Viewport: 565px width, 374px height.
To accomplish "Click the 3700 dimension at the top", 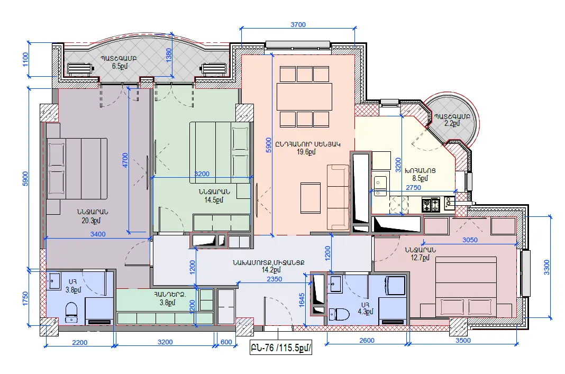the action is [298, 24].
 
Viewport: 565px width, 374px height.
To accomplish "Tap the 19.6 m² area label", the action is [306, 152].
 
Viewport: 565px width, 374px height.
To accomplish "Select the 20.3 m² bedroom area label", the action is [91, 221].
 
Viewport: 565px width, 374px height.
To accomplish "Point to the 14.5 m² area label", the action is [214, 200].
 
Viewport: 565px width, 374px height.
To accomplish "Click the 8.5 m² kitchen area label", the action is [420, 178].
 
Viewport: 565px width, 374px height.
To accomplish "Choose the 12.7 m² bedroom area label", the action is [420, 258].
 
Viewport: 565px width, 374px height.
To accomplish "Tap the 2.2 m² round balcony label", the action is [452, 123].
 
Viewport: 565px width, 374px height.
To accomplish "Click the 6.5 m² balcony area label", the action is [120, 66].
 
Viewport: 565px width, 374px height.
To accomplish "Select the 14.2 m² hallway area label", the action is [271, 270].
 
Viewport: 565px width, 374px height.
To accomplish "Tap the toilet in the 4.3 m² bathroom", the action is [340, 314].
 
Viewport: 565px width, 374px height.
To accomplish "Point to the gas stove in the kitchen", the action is [431, 205].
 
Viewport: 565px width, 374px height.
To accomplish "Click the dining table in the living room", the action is [305, 97].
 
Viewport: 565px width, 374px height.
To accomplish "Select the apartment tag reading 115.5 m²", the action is [281, 348].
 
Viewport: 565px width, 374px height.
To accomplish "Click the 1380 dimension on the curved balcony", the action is [169, 55].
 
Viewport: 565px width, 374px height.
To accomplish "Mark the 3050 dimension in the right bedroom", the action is [470, 240].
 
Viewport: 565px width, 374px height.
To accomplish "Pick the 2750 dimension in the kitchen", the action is [413, 188].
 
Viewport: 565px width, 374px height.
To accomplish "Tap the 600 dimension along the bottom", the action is [226, 342].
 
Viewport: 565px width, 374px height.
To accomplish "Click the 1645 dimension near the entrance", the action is [302, 300].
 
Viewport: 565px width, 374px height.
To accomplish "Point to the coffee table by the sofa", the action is [310, 198].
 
